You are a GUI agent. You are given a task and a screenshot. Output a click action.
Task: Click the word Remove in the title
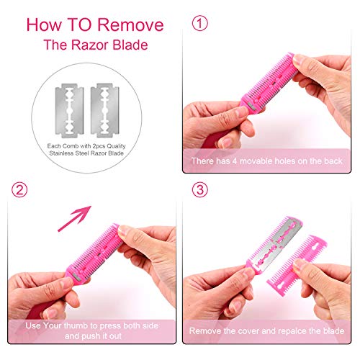(x=130, y=24)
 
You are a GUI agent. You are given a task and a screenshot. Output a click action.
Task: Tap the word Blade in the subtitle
(x=130, y=45)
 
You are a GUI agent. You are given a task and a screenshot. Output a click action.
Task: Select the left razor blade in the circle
(x=69, y=111)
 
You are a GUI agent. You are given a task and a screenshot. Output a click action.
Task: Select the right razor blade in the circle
(x=105, y=110)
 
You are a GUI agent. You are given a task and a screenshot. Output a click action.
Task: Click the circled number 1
(x=200, y=23)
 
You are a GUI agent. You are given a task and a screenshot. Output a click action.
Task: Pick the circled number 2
(x=19, y=189)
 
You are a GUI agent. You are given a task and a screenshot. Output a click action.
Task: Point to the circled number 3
(x=200, y=189)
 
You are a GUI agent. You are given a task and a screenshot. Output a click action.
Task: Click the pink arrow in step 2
(x=74, y=218)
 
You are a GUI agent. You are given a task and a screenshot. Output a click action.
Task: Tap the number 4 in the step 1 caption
(x=235, y=161)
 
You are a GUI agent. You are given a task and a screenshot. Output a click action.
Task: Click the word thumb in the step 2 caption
(x=76, y=325)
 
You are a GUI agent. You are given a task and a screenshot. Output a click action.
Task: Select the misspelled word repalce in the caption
(x=292, y=331)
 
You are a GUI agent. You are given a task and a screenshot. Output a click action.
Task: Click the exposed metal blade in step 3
(x=276, y=243)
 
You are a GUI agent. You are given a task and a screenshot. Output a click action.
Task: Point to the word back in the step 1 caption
(x=333, y=161)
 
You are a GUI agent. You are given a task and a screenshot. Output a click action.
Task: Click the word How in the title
(x=44, y=24)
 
